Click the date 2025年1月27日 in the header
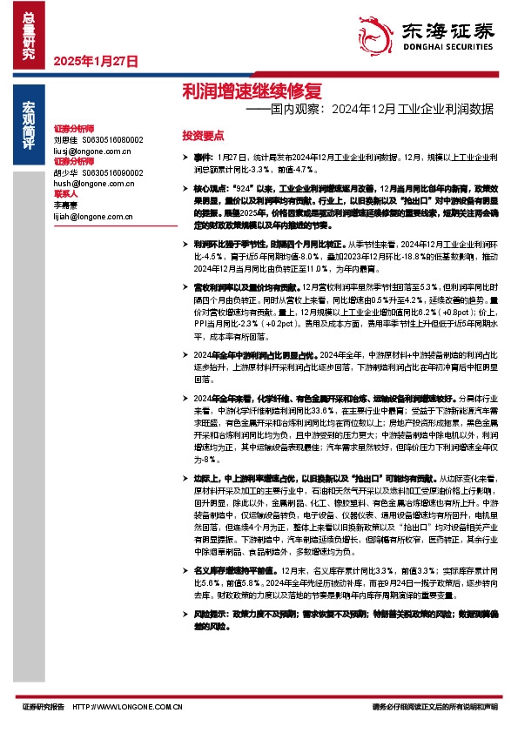point(96,61)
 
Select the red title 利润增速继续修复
point(228,91)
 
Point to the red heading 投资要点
point(203,136)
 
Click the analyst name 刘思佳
point(65,139)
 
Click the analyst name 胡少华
point(65,172)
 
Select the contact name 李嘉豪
point(66,205)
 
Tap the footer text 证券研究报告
point(44,706)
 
